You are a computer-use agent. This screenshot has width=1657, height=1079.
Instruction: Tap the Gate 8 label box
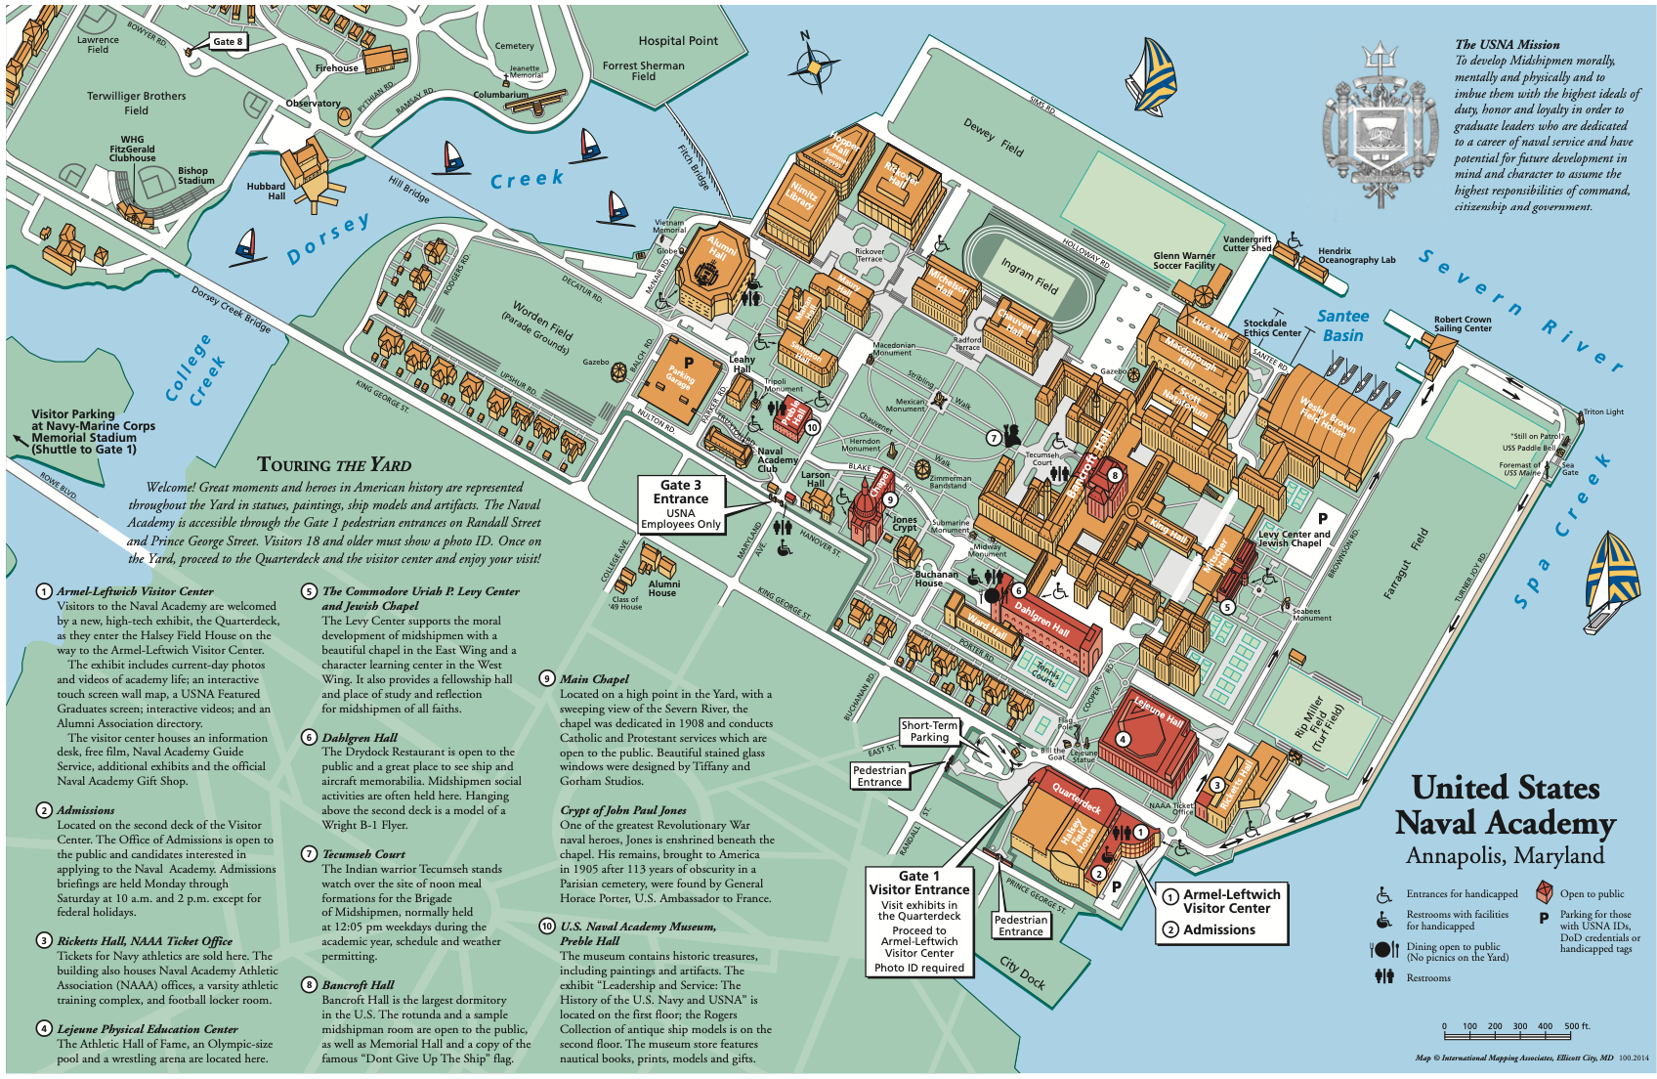pyautogui.click(x=228, y=42)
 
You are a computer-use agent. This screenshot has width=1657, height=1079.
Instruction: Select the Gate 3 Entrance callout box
pyautogui.click(x=681, y=504)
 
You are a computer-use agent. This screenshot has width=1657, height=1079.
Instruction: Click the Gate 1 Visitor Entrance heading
pyautogui.click(x=919, y=883)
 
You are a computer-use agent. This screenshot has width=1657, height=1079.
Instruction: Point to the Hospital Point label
pyautogui.click(x=678, y=41)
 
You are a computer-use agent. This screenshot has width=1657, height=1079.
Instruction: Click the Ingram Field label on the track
pyautogui.click(x=1029, y=276)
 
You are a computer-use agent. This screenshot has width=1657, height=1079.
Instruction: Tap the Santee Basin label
pyautogui.click(x=1342, y=325)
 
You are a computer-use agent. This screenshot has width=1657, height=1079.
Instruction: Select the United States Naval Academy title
pyautogui.click(x=1505, y=805)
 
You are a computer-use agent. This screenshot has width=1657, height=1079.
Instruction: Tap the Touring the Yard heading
pyautogui.click(x=334, y=465)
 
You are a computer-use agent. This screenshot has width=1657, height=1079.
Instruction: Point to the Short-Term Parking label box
pyautogui.click(x=929, y=732)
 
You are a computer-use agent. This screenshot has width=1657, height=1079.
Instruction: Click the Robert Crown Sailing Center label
pyautogui.click(x=1463, y=324)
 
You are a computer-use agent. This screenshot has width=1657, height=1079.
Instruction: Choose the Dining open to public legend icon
pyautogui.click(x=1384, y=950)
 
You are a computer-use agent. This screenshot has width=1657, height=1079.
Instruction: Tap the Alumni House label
pyautogui.click(x=663, y=588)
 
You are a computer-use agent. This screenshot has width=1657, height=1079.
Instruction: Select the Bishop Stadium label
pyautogui.click(x=195, y=175)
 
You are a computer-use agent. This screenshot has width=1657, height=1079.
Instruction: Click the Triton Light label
pyautogui.click(x=1603, y=411)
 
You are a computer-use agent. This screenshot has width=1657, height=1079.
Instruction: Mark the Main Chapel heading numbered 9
pyautogui.click(x=594, y=678)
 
